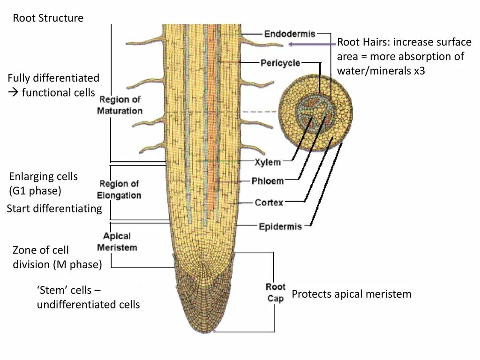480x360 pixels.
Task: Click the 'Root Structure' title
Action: [x=48, y=18]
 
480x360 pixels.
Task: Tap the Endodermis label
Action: [x=290, y=34]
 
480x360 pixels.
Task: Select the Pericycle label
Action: [x=280, y=63]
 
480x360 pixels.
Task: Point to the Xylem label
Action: [x=268, y=162]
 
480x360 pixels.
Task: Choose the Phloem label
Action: [x=268, y=181]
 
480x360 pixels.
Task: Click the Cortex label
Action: [x=269, y=202]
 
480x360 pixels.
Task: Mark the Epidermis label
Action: [x=280, y=227]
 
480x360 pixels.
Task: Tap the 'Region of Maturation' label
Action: [x=120, y=105]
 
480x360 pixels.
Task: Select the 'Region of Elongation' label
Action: [x=120, y=189]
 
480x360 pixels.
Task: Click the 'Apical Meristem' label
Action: [x=117, y=242]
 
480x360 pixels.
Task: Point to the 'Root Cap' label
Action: [x=275, y=292]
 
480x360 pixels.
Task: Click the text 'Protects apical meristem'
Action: [x=352, y=294]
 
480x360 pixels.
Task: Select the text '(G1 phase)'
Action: [x=35, y=191]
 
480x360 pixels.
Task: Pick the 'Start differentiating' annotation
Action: [x=54, y=209]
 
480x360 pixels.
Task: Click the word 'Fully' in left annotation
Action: [x=20, y=78]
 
